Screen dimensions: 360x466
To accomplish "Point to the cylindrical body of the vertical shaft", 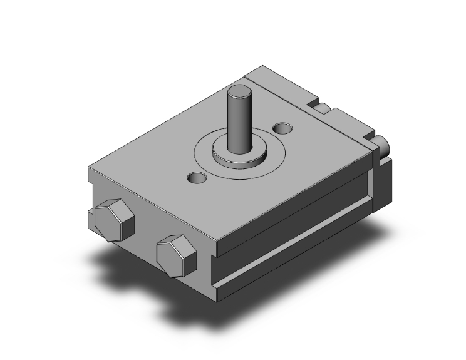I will click(239, 122).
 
